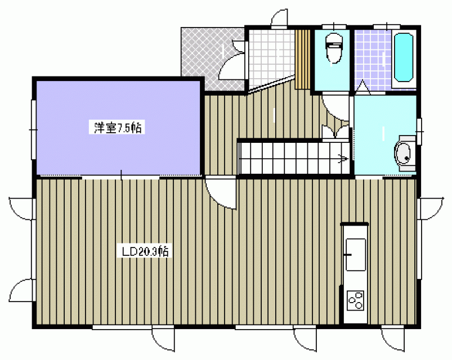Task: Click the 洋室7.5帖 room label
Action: (117, 128)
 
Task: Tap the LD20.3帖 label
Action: (145, 251)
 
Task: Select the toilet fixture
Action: (333, 48)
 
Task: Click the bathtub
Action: (404, 57)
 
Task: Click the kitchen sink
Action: (356, 255)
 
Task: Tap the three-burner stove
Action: (355, 300)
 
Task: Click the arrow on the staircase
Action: (344, 159)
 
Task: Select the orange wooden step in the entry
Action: (302, 59)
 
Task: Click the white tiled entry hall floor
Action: (271, 57)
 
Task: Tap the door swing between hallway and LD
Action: (221, 193)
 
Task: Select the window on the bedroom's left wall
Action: (33, 129)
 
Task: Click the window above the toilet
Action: (334, 26)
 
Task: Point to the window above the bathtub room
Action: (387, 26)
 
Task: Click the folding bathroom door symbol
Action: (363, 88)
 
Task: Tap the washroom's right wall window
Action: (419, 132)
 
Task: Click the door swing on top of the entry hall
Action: (279, 18)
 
